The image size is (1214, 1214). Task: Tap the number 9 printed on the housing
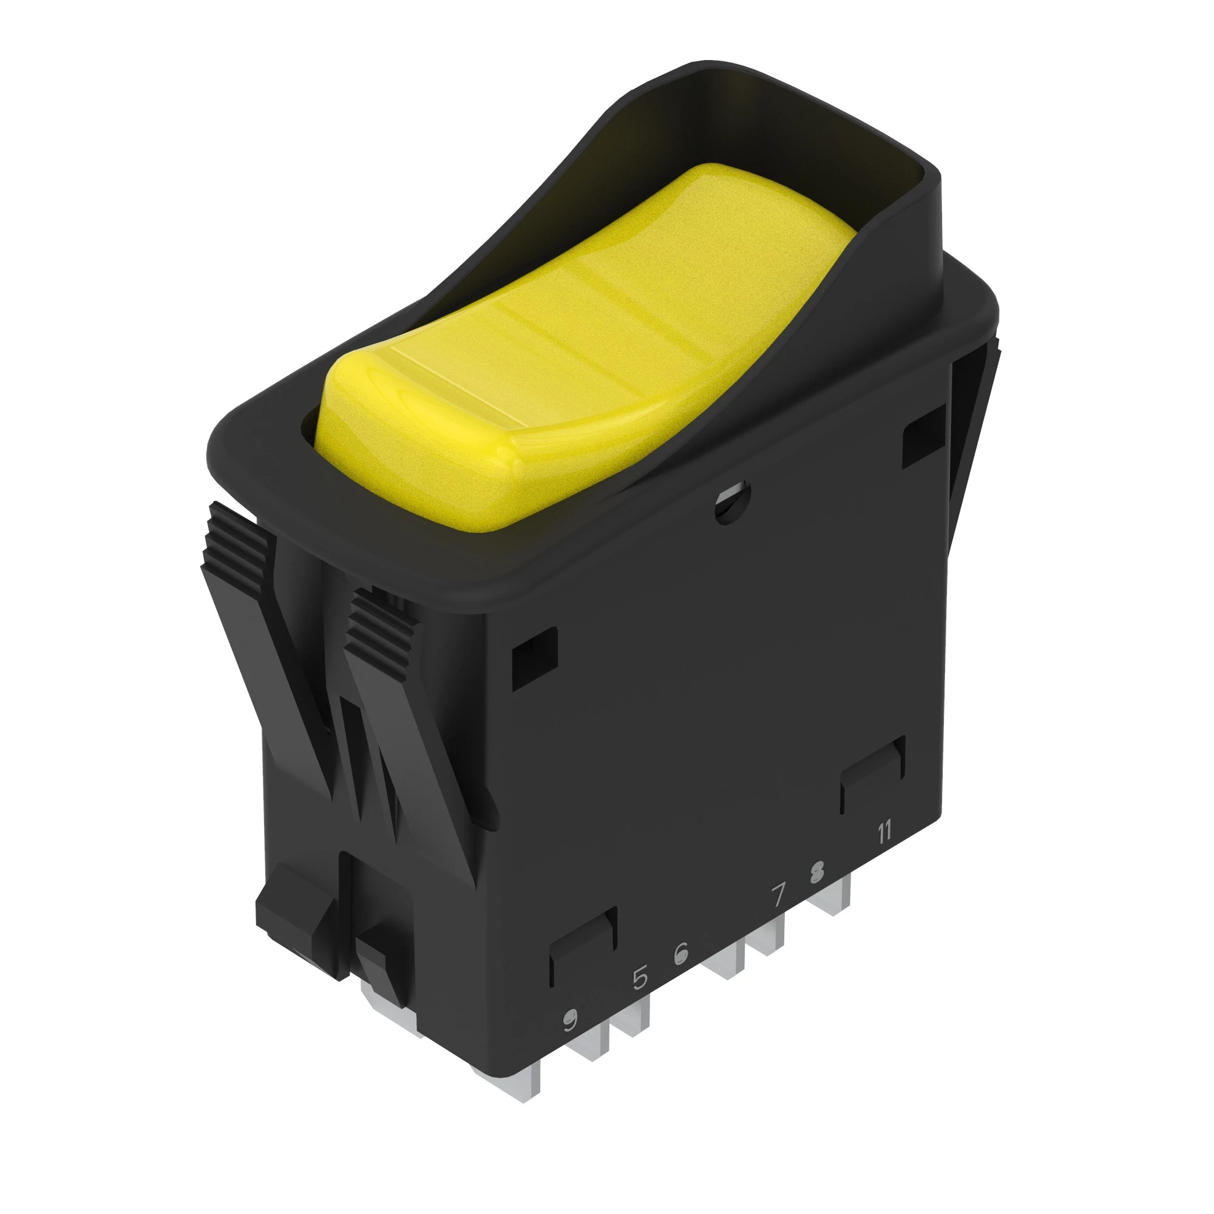pyautogui.click(x=569, y=1022)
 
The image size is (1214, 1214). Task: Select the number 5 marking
pyautogui.click(x=640, y=978)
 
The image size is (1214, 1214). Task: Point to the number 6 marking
pyautogui.click(x=680, y=954)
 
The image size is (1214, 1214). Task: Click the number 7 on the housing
pyautogui.click(x=779, y=895)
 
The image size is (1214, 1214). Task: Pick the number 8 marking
pyautogui.click(x=816, y=872)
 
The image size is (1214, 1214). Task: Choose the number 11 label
pyautogui.click(x=884, y=833)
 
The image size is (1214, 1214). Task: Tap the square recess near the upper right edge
pyautogui.click(x=923, y=436)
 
